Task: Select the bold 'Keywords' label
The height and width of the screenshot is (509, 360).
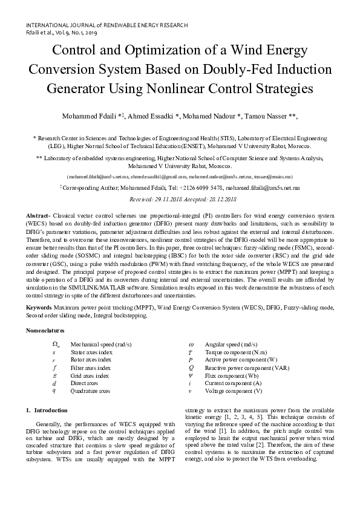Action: (x=39, y=308)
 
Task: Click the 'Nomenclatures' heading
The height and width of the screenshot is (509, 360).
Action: (x=45, y=331)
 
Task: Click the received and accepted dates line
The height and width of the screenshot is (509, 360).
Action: (x=180, y=199)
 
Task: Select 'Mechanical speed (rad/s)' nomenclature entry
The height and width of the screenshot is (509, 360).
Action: (x=101, y=344)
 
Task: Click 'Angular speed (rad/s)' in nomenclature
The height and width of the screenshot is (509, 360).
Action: (x=231, y=344)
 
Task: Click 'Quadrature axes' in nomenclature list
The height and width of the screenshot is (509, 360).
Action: (x=90, y=391)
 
